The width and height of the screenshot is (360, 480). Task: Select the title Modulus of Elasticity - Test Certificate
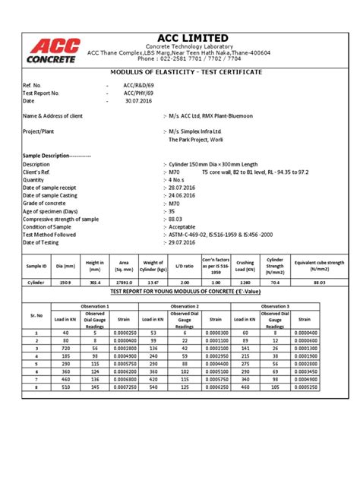pyautogui.click(x=176, y=71)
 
